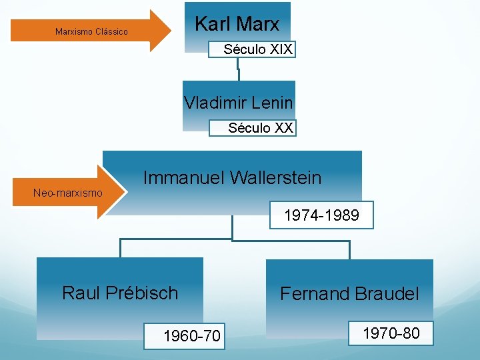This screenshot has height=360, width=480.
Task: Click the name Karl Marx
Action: tap(237, 25)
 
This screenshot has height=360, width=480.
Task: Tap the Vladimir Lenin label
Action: tap(238, 103)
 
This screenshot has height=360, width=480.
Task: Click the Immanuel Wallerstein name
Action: tap(232, 178)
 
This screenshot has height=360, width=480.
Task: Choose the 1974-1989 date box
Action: tap(321, 215)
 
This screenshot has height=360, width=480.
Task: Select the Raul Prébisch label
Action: tap(120, 293)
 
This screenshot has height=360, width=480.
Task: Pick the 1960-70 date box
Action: tap(192, 336)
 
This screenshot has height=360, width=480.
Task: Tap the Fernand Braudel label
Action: tap(349, 293)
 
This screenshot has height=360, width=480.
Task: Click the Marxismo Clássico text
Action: tap(91, 31)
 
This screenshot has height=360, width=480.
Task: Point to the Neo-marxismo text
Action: tap(68, 193)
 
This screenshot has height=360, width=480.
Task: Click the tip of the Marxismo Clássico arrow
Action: tap(169, 31)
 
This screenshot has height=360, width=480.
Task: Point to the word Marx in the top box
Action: tap(258, 25)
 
